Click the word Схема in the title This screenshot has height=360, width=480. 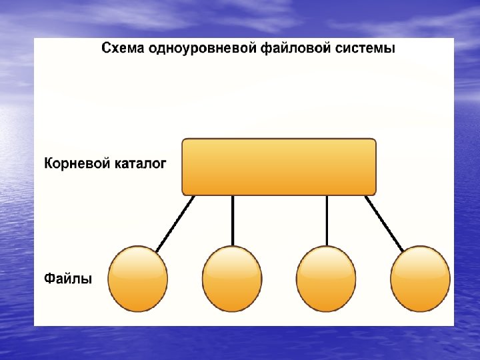(x=119, y=49)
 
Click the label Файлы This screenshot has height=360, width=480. (x=68, y=277)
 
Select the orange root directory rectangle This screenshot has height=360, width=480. (x=279, y=167)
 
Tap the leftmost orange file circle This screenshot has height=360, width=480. (x=138, y=279)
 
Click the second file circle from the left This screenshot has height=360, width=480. (x=232, y=279)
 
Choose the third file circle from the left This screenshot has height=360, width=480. (x=326, y=279)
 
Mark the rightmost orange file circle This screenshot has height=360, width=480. (x=420, y=279)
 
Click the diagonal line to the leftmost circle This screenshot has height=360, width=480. (x=174, y=224)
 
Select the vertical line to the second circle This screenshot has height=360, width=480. (x=233, y=220)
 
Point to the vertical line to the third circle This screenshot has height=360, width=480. (x=327, y=220)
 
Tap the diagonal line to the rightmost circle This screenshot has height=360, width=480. (x=385, y=224)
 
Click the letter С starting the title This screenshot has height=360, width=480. (x=105, y=49)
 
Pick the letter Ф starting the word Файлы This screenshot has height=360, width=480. (x=50, y=277)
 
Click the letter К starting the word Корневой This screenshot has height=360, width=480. (x=49, y=163)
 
